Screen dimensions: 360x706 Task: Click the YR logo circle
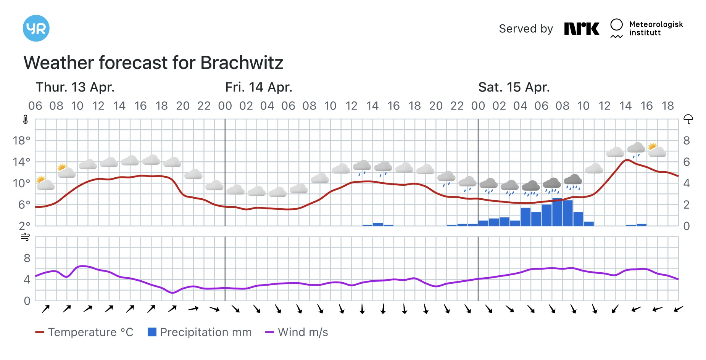36,28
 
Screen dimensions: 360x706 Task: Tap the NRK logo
582,29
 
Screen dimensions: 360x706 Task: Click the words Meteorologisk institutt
656,29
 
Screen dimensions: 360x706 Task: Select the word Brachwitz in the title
242,63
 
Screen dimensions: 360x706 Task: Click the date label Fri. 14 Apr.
259,87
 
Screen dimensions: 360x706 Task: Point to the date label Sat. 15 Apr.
514,87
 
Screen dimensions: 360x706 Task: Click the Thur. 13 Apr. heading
75,87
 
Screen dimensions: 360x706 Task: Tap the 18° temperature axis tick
21,141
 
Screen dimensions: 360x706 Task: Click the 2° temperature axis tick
24,226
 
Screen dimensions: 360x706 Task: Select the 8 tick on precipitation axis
687,141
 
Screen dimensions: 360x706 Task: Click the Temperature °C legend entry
85,332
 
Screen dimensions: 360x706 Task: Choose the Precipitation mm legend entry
200,332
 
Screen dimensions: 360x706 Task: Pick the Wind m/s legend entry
297,332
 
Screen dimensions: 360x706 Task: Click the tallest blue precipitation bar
557,212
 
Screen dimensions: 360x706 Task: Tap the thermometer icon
26,120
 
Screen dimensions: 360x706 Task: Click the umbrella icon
688,119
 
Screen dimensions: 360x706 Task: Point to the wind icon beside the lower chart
25,237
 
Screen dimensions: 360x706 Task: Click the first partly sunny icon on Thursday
45,183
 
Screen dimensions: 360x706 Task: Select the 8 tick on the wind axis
27,258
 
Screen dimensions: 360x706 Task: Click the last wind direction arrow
678,309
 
